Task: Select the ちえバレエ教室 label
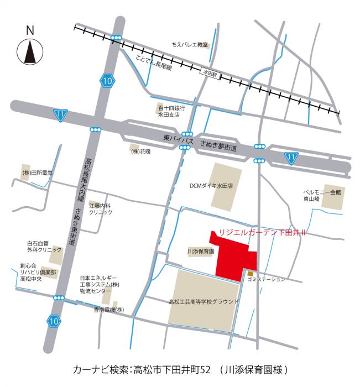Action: click(x=189, y=44)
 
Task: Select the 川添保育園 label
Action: click(x=200, y=251)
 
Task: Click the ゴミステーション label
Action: click(x=266, y=280)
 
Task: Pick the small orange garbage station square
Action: click(x=251, y=273)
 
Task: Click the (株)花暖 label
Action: click(x=140, y=151)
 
